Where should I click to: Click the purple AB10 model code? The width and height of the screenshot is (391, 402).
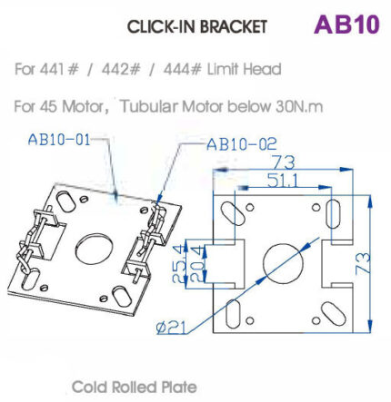tap(346, 24)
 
